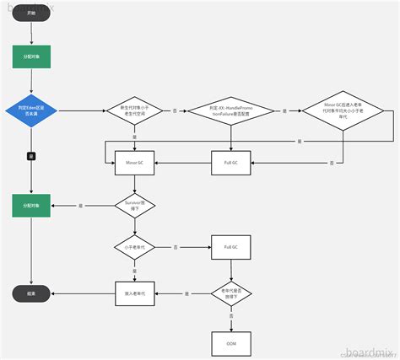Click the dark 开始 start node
coord(31,14)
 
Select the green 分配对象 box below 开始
coord(31,56)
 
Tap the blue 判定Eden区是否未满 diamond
coord(31,110)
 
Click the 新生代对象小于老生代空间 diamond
coord(135,110)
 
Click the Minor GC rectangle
coord(135,161)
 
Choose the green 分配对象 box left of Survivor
coord(31,205)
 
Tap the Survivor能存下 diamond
coord(135,205)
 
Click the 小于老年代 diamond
coord(135,248)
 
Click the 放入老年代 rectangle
coord(135,293)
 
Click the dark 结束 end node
coord(31,293)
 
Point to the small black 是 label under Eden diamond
coord(31,156)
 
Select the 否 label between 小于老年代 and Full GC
coord(175,248)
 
